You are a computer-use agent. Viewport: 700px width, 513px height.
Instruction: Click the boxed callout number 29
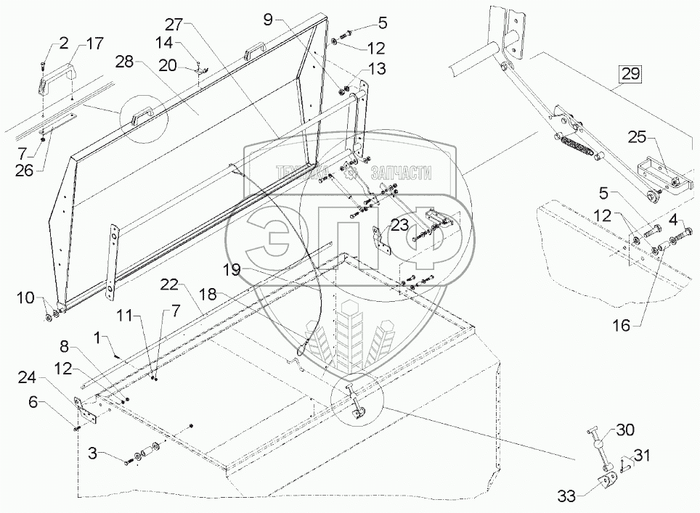[630, 73]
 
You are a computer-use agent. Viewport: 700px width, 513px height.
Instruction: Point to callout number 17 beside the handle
[96, 43]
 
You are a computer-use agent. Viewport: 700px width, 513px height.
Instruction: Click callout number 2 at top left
[65, 43]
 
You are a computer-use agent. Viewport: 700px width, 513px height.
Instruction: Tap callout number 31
[641, 456]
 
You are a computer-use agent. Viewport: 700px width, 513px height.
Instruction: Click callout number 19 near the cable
[232, 268]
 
